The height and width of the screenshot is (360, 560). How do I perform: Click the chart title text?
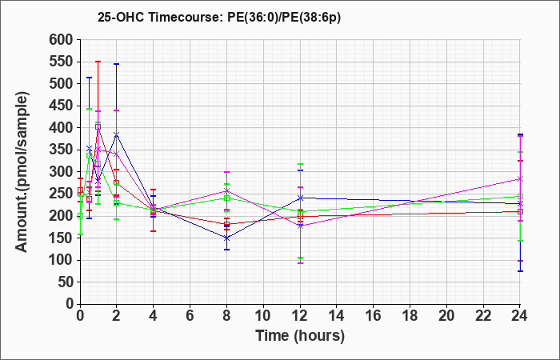[219, 18]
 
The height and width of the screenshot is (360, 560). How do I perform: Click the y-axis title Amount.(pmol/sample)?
[22, 172]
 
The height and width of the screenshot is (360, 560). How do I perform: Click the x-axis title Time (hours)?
[300, 336]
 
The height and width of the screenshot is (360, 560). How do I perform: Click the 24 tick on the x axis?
[520, 315]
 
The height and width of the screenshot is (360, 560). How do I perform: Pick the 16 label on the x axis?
[374, 315]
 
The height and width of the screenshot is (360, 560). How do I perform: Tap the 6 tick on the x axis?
[190, 315]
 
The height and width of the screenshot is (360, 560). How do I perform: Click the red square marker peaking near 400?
[98, 126]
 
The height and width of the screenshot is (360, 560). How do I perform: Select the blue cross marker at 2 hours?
[116, 134]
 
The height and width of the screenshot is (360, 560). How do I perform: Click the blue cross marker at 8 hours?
[226, 238]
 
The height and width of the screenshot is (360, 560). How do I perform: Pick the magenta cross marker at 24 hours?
[520, 179]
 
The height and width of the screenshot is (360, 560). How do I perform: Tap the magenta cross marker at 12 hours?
[300, 226]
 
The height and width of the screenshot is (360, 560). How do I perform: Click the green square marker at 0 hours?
[80, 216]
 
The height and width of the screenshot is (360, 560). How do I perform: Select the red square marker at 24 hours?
[520, 212]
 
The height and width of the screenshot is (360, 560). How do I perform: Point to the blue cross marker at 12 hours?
[300, 198]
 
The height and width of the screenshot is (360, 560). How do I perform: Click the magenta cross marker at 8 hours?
[226, 190]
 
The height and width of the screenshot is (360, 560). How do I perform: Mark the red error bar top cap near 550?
[98, 62]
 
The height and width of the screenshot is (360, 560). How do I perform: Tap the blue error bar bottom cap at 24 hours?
[520, 271]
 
